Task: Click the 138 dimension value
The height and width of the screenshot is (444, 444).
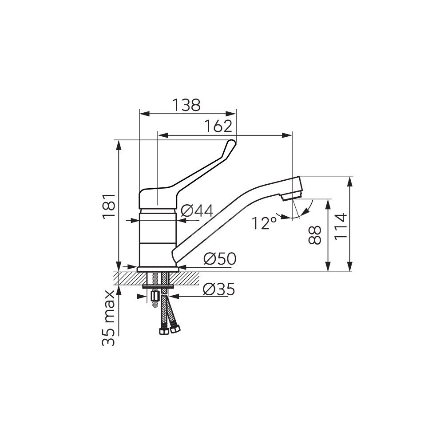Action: click(x=186, y=105)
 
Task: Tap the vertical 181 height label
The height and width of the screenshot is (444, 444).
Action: click(x=109, y=206)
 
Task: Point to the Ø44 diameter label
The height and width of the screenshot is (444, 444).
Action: click(x=197, y=211)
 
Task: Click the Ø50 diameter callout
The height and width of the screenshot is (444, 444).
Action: click(x=220, y=258)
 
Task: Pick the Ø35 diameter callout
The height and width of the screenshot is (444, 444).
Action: click(x=219, y=289)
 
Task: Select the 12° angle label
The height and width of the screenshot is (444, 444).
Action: click(x=264, y=223)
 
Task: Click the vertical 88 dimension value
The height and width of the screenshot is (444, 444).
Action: click(x=315, y=235)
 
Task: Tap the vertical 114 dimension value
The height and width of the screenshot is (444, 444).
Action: click(x=341, y=227)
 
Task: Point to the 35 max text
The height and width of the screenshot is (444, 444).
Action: click(x=109, y=318)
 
